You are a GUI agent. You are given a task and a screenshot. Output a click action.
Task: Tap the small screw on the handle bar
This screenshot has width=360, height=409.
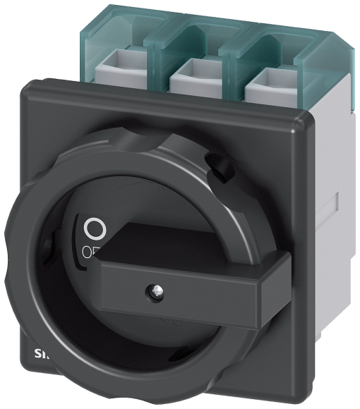point(153,289)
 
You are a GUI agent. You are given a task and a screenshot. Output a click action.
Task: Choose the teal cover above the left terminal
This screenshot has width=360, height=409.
point(120,32)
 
